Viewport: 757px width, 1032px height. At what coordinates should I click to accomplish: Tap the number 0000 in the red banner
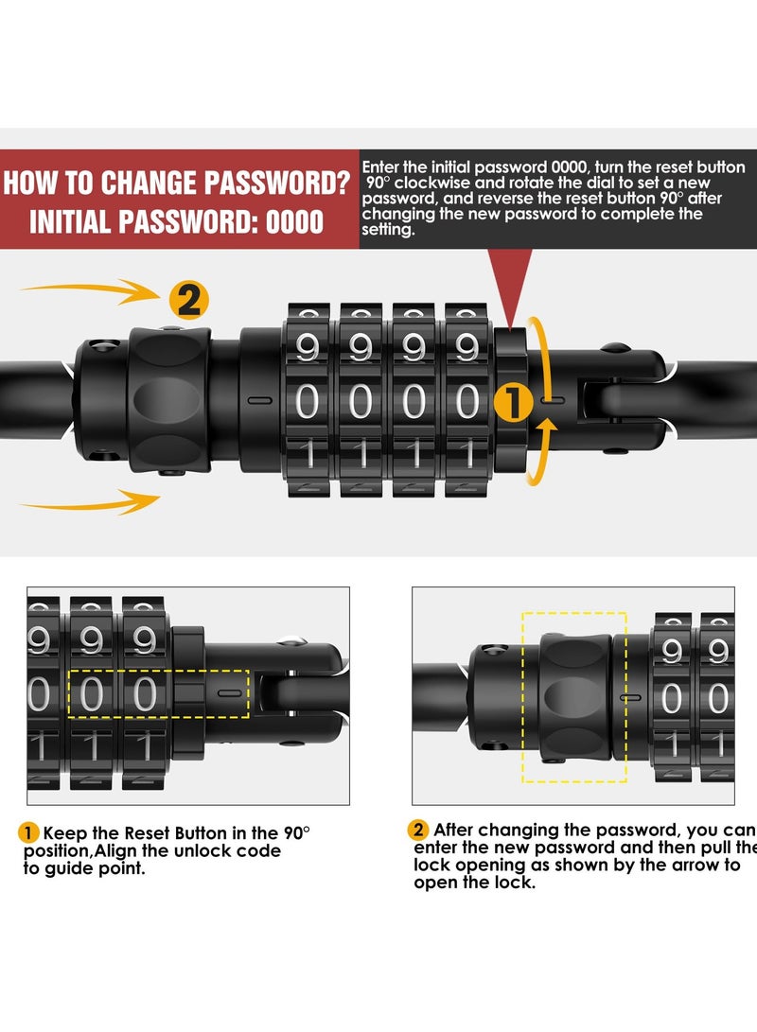294,223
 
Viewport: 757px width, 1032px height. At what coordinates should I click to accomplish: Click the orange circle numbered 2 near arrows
188,301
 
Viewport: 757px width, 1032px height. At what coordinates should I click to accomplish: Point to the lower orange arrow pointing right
90,504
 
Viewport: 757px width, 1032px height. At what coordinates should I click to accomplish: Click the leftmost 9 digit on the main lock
308,347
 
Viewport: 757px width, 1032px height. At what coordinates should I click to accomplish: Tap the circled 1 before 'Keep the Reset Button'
29,832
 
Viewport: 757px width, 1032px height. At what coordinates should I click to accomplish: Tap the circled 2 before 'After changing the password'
418,831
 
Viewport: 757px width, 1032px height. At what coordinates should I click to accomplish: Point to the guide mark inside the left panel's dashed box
226,693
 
